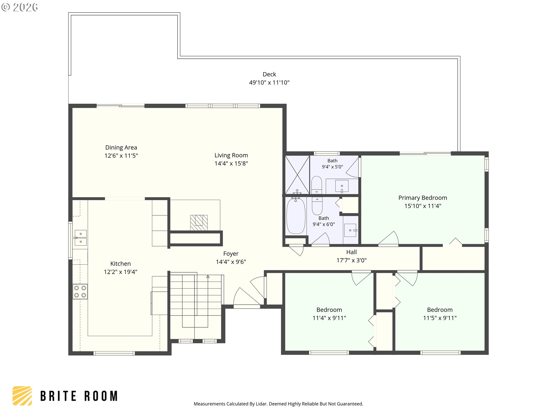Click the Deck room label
[269, 74]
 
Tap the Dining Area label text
[121, 147]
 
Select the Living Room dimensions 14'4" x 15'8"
[231, 163]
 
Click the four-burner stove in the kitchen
[80, 291]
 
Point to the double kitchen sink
[80, 238]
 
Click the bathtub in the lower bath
[296, 216]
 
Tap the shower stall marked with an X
[297, 175]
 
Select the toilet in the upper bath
[317, 185]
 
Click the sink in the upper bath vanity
[342, 186]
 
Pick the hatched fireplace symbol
[199, 223]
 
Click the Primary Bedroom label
[423, 198]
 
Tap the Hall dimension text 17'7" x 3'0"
[351, 260]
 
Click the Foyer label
[231, 254]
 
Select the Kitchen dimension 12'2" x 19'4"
[120, 272]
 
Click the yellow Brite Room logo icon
[22, 396]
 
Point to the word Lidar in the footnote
[261, 404]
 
